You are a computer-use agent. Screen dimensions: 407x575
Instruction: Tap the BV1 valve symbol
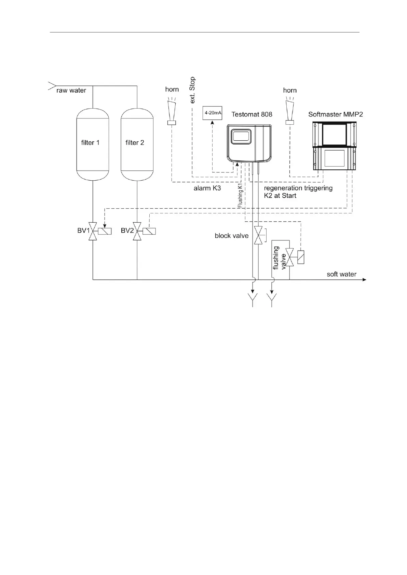coord(93,231)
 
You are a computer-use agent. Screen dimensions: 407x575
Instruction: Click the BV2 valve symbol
coord(137,231)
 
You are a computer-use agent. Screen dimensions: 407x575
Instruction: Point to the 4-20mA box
coord(213,113)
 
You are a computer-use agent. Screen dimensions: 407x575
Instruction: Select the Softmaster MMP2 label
coord(335,114)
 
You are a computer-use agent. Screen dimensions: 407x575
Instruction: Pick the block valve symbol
coord(258,236)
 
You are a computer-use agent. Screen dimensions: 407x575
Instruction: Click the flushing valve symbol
coord(290,257)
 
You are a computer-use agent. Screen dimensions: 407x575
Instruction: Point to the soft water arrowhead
coord(364,280)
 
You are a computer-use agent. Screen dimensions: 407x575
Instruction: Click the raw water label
coord(71,90)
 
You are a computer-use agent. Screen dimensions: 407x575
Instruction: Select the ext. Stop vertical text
coord(192,90)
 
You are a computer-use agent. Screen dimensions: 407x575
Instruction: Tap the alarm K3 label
coord(207,188)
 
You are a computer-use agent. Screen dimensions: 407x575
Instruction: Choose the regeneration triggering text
coord(298,188)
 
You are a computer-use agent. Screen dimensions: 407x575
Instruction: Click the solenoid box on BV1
coord(105,231)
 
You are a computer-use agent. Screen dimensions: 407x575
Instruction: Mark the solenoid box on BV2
coord(149,231)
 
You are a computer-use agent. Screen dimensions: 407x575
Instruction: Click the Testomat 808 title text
coord(252,114)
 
